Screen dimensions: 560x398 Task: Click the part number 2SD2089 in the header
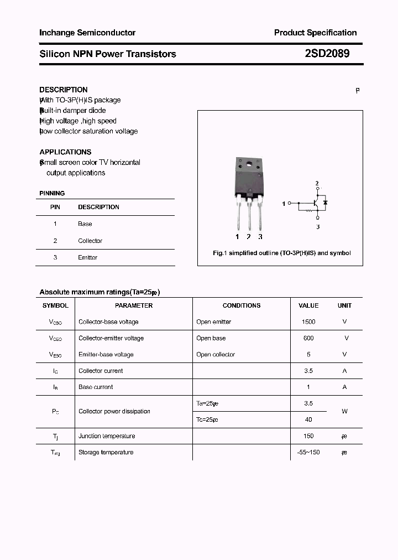coord(327,54)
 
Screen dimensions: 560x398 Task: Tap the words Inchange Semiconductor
coord(87,33)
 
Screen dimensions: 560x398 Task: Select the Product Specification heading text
coord(315,33)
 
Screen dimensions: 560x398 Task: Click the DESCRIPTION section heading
coord(64,90)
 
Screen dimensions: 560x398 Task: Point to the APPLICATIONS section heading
coord(65,152)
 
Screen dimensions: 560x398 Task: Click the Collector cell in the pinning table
coord(90,241)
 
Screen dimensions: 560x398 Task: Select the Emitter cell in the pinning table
coord(87,257)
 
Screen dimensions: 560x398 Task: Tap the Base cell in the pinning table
coord(85,224)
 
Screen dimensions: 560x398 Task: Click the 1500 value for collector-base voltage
coord(308,322)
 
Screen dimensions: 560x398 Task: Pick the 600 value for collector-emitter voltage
coord(308,338)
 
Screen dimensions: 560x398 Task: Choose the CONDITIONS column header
coord(241,305)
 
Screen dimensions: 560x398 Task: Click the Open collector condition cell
coord(216,354)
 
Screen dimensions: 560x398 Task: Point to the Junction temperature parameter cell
coord(107,436)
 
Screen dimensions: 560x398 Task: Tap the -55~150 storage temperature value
coord(308,452)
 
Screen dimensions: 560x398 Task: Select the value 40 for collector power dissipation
coord(308,419)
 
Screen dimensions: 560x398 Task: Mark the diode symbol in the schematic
coord(326,203)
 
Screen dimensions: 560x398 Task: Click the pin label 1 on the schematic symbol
coord(284,204)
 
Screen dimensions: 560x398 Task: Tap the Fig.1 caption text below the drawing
coord(282,253)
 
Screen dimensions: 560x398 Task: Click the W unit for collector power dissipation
coord(344,411)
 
